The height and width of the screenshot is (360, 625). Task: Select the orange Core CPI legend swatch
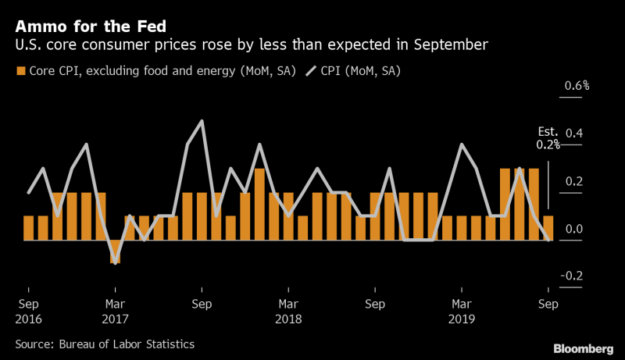21,72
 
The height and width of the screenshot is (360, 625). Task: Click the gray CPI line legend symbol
311,72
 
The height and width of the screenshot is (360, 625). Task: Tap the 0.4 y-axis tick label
574,133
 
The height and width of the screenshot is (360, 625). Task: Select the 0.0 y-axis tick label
574,229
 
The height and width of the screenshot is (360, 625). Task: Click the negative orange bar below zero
116,251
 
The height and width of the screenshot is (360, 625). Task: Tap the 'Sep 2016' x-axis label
28,311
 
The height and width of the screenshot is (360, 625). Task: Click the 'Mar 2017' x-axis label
116,311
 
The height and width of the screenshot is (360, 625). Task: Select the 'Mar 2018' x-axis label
289,311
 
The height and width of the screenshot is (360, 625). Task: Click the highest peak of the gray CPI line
202,122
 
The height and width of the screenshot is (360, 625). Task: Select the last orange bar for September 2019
548,228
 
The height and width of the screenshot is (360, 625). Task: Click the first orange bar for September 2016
29,228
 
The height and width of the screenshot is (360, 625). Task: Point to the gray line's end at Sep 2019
548,240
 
